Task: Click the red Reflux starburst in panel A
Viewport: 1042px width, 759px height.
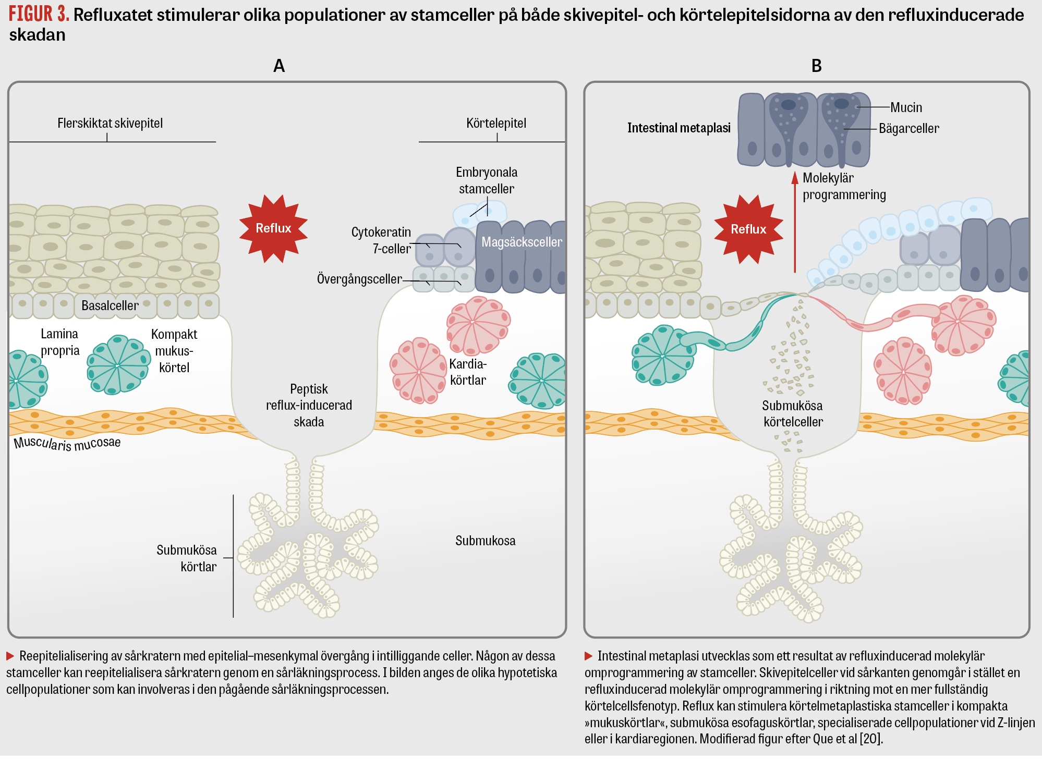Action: tap(273, 228)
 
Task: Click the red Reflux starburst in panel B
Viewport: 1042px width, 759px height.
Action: tap(748, 229)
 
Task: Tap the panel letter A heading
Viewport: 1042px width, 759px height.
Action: tap(279, 66)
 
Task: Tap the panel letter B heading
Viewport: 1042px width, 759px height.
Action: tap(817, 66)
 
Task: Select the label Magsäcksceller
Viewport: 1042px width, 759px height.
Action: tap(522, 242)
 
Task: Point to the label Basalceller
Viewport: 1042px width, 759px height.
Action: tap(110, 305)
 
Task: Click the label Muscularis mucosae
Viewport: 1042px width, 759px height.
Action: tap(67, 443)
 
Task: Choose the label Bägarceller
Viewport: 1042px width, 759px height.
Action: tap(908, 128)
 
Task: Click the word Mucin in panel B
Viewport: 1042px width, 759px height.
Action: tap(906, 107)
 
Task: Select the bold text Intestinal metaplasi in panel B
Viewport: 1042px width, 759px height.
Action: tap(678, 128)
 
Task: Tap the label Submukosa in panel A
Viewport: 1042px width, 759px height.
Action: tap(485, 541)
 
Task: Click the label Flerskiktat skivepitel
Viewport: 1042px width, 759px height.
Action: tap(110, 124)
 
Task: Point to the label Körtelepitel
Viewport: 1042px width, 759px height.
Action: tap(496, 124)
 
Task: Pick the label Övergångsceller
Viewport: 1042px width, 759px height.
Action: tap(359, 279)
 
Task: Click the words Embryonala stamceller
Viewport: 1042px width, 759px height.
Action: tap(487, 180)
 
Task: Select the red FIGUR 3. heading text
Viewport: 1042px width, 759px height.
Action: tap(39, 14)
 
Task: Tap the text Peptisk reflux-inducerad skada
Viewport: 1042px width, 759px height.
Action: tap(309, 405)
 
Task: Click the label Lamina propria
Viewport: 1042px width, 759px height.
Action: tap(60, 342)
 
